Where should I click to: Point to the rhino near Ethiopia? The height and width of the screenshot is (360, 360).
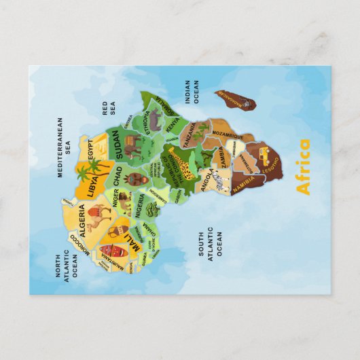[154, 121]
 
